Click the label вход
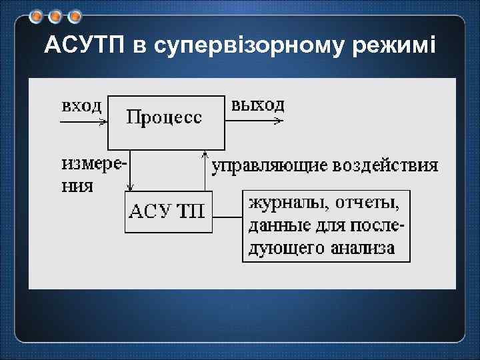pyautogui.click(x=81, y=105)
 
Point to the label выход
pyautogui.click(x=257, y=105)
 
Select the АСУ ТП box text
pyautogui.click(x=168, y=212)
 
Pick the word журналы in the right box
pyautogui.click(x=283, y=200)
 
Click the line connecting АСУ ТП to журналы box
pyautogui.click(x=227, y=217)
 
